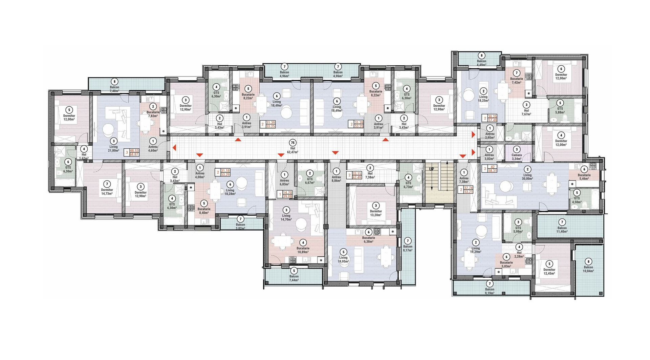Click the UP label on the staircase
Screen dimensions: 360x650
point(432,169)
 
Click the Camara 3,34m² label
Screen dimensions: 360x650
point(517,157)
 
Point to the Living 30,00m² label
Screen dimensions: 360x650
point(527,177)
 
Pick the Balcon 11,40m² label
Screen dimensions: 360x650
point(562,230)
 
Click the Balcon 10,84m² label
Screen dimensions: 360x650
point(588,269)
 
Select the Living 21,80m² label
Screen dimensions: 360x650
point(113,149)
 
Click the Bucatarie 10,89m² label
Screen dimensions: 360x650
point(303,250)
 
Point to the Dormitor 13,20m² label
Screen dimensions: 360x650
point(376,213)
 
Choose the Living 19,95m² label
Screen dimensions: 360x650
point(343,259)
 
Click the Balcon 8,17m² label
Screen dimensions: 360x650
point(408,249)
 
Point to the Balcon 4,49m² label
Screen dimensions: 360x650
point(481,63)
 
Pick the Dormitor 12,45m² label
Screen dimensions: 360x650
point(549,272)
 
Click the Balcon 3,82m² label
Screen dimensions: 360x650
point(240,226)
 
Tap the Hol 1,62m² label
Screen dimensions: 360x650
point(84,156)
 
